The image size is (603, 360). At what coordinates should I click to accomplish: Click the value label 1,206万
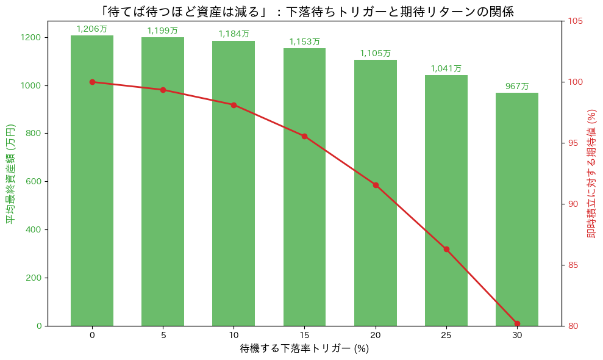(92, 29)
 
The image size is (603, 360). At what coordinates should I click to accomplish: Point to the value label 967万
(517, 87)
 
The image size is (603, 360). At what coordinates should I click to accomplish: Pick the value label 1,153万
(304, 42)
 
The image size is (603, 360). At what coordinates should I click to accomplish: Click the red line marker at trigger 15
(304, 136)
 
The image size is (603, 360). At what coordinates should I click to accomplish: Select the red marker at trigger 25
(446, 249)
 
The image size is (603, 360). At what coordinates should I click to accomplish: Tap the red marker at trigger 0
(92, 82)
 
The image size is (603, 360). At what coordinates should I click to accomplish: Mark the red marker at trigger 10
(234, 105)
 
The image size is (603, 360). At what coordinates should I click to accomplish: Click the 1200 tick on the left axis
(32, 37)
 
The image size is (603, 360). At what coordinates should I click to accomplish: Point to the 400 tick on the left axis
(34, 229)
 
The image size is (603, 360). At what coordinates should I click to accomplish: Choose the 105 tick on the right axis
(576, 21)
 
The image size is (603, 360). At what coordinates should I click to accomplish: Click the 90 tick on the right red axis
(574, 204)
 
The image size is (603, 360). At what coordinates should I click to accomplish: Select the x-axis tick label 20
(376, 335)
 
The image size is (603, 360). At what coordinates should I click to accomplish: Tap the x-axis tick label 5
(163, 335)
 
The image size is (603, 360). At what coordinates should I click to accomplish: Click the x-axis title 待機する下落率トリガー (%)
(304, 349)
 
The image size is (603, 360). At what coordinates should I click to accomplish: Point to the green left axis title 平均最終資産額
(10, 173)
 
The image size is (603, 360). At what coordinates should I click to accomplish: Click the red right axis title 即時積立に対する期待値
(591, 173)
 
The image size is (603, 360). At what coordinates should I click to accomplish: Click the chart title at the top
(304, 10)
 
